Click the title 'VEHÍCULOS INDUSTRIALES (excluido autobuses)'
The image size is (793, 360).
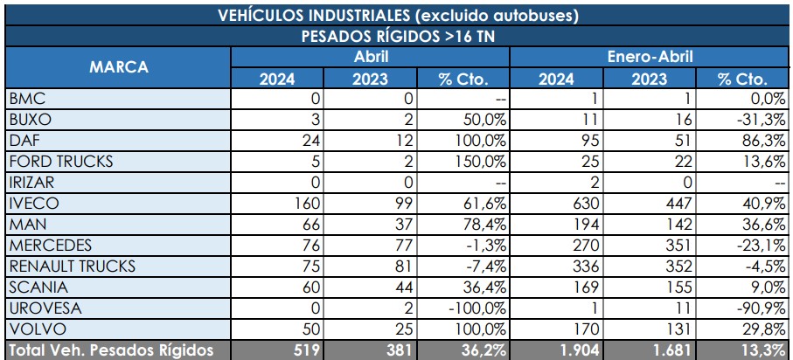(396, 15)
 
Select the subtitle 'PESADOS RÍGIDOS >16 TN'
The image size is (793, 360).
(396, 36)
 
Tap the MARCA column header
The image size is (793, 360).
(117, 67)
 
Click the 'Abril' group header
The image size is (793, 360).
(370, 57)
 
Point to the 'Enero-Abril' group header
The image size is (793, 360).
(650, 57)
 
